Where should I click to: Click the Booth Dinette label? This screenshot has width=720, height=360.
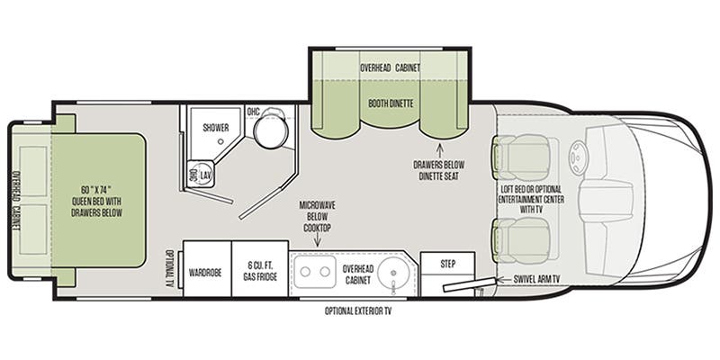391,103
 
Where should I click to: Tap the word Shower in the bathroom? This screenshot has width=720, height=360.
215,128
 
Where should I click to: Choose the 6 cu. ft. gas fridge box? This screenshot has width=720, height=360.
260,270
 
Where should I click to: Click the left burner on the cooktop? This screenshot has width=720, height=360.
306,271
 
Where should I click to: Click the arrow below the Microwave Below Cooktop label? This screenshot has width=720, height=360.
321,241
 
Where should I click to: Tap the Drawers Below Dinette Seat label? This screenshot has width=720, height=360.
441,169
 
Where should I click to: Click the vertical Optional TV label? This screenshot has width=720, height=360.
169,269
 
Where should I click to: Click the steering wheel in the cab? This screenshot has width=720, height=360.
575,163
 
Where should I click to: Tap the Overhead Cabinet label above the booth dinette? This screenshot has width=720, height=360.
391,67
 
